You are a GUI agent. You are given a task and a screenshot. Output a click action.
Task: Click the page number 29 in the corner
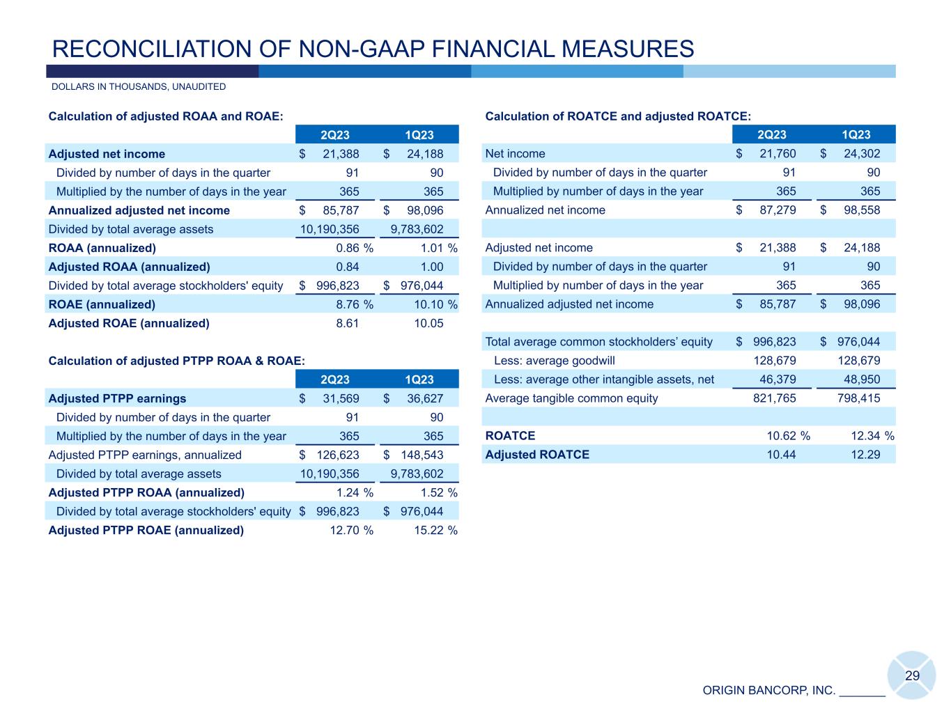(x=912, y=676)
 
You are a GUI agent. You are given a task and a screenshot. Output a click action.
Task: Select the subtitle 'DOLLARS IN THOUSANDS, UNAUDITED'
(x=139, y=87)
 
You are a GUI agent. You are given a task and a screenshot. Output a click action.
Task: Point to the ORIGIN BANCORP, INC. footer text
(x=768, y=691)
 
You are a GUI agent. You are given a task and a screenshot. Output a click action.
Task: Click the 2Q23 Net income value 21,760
(x=772, y=154)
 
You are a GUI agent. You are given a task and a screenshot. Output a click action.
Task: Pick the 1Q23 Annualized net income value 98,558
(x=856, y=210)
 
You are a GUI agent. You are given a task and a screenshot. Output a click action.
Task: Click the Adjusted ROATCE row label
(x=536, y=455)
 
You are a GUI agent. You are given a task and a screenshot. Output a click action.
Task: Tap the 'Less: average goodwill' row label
(x=555, y=361)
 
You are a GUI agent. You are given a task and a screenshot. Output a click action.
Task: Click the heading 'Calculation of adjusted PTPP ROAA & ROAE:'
(x=176, y=361)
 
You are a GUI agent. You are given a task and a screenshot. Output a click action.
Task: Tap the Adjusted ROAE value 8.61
(x=347, y=323)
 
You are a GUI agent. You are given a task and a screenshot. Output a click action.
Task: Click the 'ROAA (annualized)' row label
(x=102, y=248)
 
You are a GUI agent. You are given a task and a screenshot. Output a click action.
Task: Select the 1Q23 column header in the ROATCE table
(x=856, y=135)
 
